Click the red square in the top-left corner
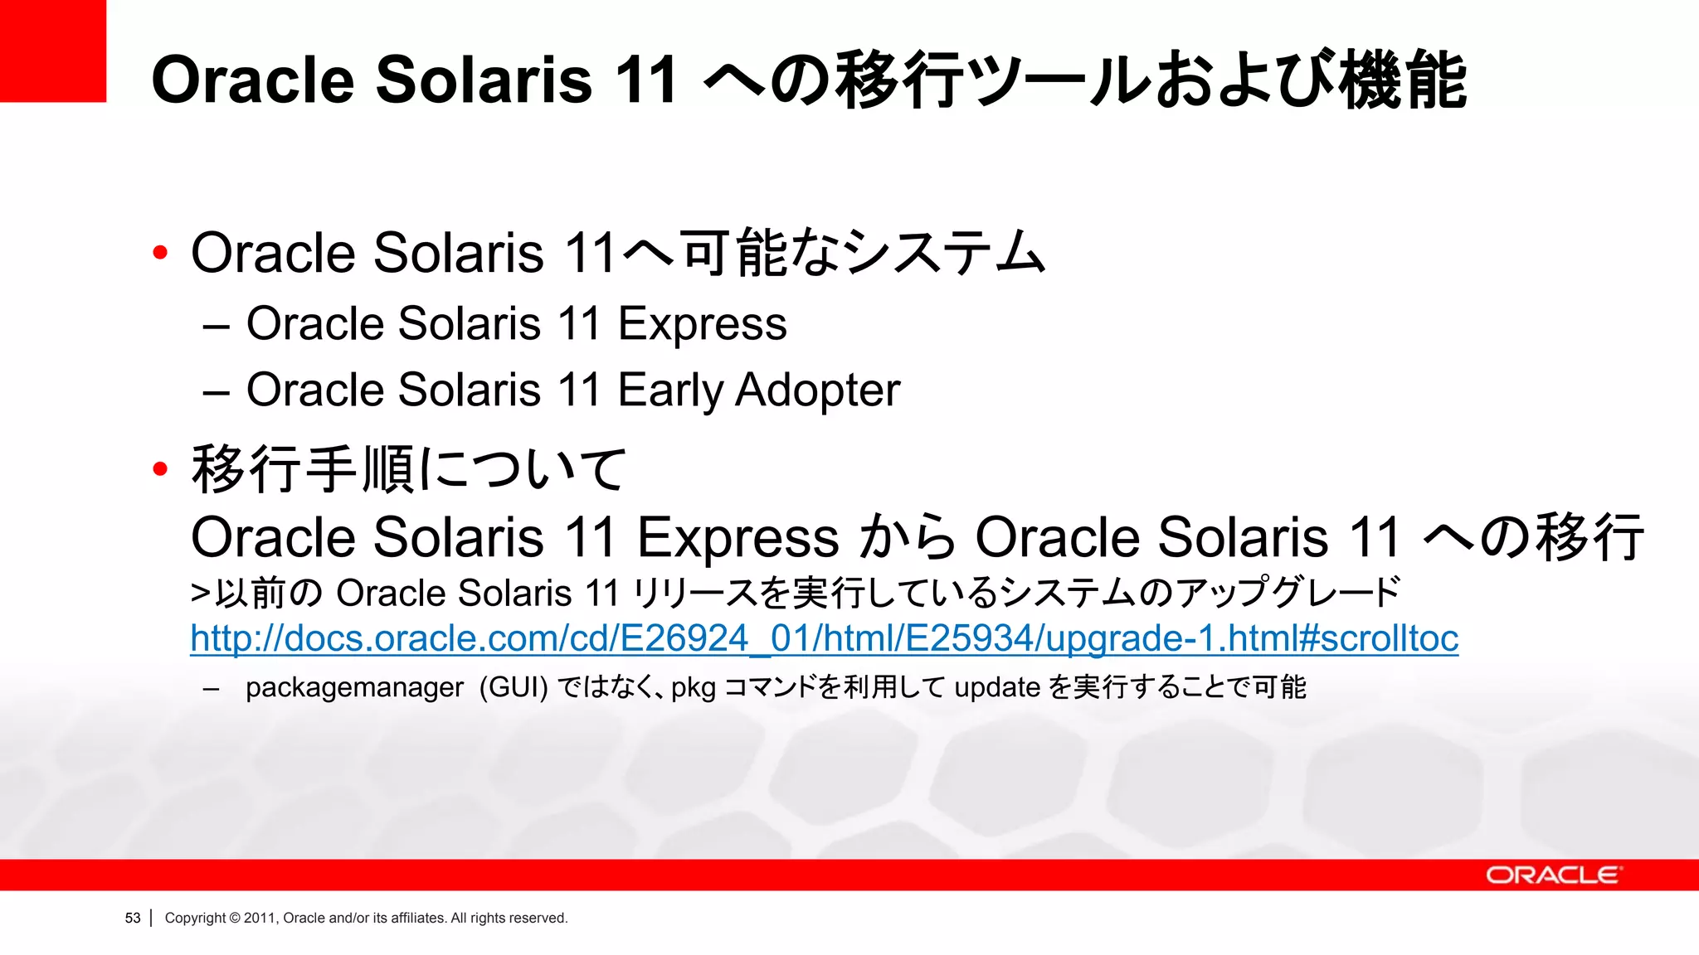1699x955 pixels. (x=52, y=51)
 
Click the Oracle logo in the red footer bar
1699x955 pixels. (x=1553, y=875)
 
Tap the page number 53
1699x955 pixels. (x=133, y=918)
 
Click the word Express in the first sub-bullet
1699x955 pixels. (x=702, y=324)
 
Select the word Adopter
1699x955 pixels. (x=817, y=390)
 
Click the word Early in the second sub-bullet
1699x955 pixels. (x=670, y=390)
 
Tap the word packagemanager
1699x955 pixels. (x=354, y=688)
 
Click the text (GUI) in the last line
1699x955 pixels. (x=514, y=687)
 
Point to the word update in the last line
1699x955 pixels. (x=997, y=687)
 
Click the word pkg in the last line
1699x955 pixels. (x=693, y=688)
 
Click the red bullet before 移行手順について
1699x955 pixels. (x=160, y=470)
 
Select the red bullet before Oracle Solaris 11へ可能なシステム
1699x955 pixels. (x=160, y=253)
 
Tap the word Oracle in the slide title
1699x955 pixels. (x=253, y=80)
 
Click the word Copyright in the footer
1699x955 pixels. (x=195, y=918)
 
